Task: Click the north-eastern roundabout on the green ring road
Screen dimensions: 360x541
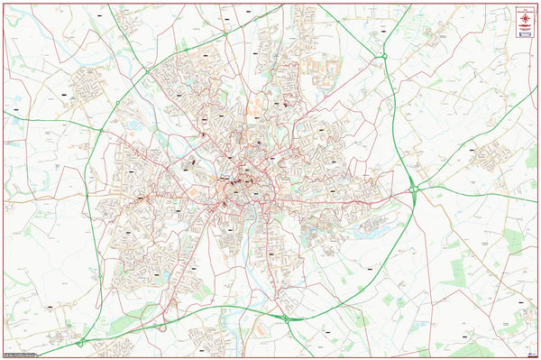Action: tap(385, 56)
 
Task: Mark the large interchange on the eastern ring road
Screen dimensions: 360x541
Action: tap(413, 189)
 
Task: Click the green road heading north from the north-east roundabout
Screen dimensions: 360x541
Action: tap(397, 23)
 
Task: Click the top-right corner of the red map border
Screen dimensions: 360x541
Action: tap(537, 3)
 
